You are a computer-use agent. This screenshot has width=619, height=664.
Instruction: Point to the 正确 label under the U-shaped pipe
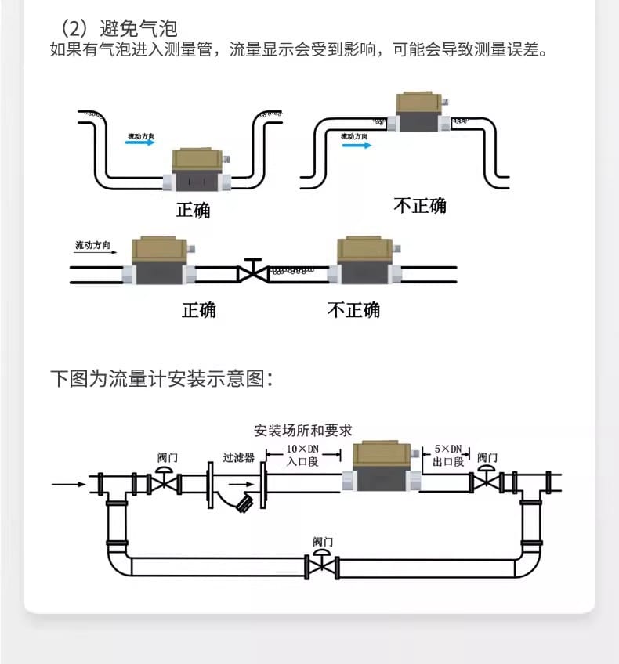(193, 210)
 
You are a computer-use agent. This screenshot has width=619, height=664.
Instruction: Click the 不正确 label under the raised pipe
(419, 206)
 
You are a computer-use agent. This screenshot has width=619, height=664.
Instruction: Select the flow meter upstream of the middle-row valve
(157, 262)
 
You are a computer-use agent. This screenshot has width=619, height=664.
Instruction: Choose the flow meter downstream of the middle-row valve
(364, 262)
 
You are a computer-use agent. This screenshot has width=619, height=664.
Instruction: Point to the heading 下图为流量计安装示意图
(161, 380)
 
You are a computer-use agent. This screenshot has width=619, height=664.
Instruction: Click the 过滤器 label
(238, 457)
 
